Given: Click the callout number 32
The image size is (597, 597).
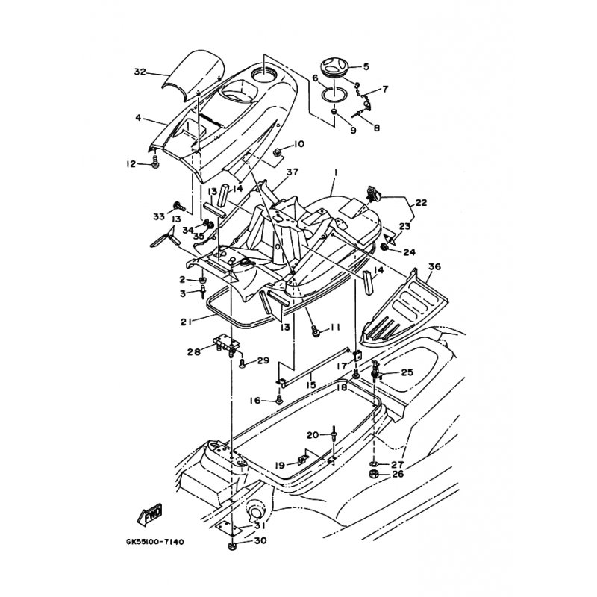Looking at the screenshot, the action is coord(140,72).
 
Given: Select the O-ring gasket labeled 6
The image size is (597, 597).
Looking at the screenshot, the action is coord(334,94).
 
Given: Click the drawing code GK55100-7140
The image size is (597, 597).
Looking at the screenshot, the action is coord(155,541).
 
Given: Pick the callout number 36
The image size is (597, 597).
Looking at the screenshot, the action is coord(434,266).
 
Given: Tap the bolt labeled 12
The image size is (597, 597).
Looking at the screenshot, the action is coord(155,163).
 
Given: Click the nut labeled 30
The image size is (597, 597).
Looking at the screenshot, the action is coord(231,547).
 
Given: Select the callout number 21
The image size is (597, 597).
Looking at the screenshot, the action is coord(187,322).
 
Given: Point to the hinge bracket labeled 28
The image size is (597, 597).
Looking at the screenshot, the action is coord(228,343).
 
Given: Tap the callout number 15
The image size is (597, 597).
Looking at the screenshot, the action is coord(310,384).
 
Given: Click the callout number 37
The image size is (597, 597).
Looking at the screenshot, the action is coord(293,172).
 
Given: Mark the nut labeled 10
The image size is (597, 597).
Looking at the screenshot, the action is coord(277,152).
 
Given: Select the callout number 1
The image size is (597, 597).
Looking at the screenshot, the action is coord(335,173).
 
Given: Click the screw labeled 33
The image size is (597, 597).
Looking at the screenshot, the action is coord(178,207).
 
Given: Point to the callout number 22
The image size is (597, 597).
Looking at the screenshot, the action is coord(421,202).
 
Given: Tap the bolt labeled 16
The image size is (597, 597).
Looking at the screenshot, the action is coord(279,400).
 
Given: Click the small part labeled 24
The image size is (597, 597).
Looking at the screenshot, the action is coord(384,248).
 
